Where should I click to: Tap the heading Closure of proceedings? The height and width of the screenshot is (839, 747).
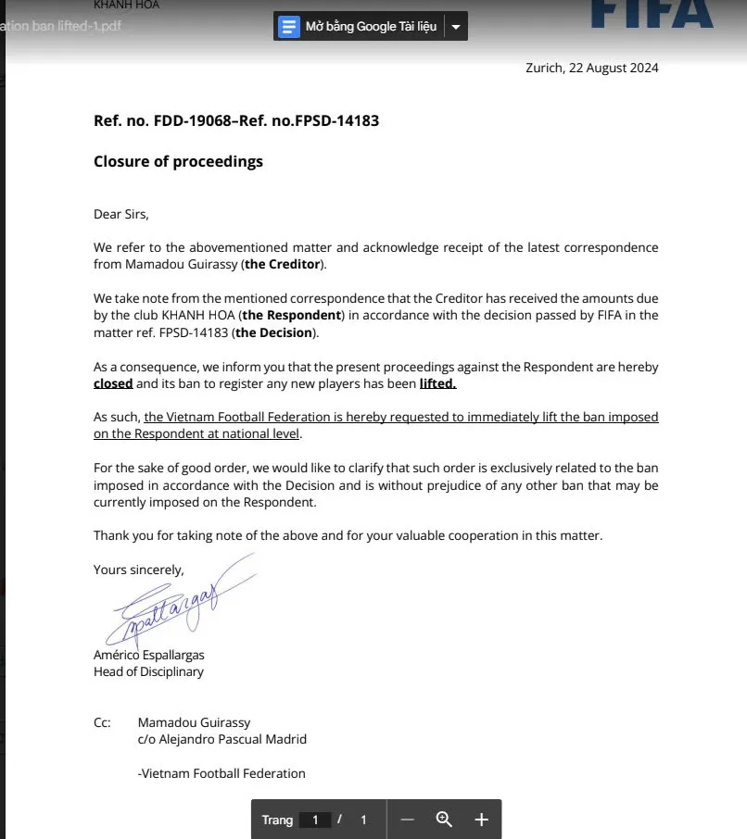coord(178,161)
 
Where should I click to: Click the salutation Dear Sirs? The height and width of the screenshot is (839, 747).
coord(120,214)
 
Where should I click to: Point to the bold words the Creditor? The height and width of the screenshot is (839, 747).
coord(284,264)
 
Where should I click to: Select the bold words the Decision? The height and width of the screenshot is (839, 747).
coord(274,332)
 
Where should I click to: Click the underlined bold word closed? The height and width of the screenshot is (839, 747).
coord(113,382)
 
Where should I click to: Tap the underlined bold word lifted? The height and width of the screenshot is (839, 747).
coord(437,382)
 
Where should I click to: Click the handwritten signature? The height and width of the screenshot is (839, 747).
coord(168,601)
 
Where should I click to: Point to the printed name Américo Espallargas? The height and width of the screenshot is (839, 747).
coord(149,656)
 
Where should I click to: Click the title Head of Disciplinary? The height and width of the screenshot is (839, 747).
coord(148,671)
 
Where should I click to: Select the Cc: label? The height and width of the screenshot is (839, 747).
coord(102,722)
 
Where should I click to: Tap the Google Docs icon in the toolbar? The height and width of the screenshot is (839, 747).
coord(289,27)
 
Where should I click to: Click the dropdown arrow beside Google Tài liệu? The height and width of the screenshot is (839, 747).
coord(455,27)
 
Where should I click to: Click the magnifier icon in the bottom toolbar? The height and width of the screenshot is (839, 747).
coord(444,819)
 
